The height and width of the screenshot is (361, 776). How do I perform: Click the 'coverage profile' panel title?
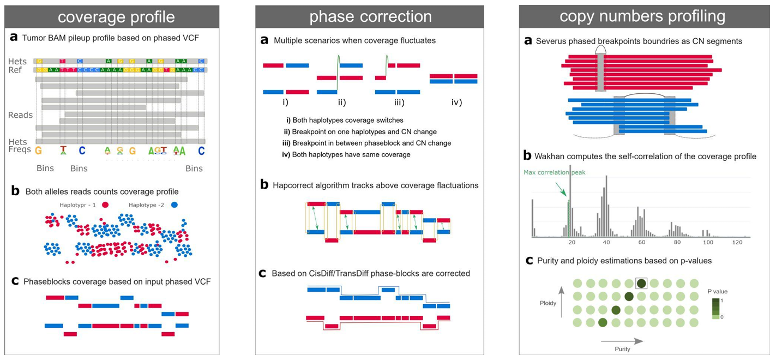click(x=116, y=17)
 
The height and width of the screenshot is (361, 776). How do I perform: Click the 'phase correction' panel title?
click(x=370, y=17)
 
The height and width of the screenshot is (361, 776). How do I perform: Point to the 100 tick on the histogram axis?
click(x=708, y=242)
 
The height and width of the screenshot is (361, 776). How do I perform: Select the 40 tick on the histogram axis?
click(x=606, y=242)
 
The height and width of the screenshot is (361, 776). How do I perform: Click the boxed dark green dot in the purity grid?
click(x=641, y=283)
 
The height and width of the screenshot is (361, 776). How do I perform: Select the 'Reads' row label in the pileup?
click(x=20, y=115)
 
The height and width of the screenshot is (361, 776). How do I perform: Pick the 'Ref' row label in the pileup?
click(x=15, y=70)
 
